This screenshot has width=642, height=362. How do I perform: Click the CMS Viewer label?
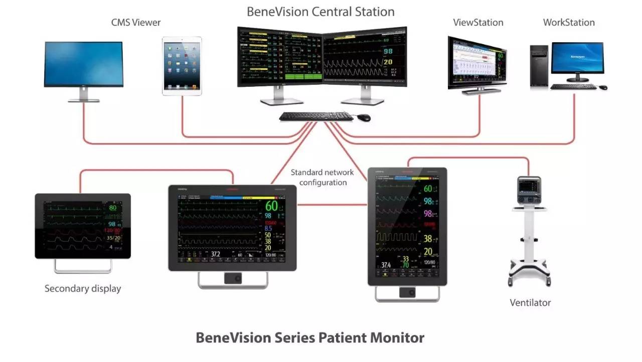point(136,23)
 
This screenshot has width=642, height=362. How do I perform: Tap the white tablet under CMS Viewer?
point(182,65)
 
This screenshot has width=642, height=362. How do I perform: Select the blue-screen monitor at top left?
point(83,64)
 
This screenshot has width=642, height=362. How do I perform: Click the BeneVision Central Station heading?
point(320,12)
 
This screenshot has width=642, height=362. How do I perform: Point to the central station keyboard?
point(316,116)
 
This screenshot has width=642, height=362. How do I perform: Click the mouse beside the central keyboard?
point(364,117)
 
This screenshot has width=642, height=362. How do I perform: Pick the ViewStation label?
point(478,23)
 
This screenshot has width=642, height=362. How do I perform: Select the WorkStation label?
point(569,23)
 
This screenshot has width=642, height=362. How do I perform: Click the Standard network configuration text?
point(323,177)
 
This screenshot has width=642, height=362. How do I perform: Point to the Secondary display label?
point(83,289)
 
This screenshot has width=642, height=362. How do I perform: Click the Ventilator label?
point(530,303)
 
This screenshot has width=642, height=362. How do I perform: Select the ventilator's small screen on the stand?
point(529,185)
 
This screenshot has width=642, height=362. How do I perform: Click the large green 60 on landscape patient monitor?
point(271,206)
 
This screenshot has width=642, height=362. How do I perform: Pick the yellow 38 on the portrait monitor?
point(427,239)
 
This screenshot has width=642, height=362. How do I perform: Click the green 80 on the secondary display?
point(112,208)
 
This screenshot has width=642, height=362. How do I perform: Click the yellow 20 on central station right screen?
point(388,62)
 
